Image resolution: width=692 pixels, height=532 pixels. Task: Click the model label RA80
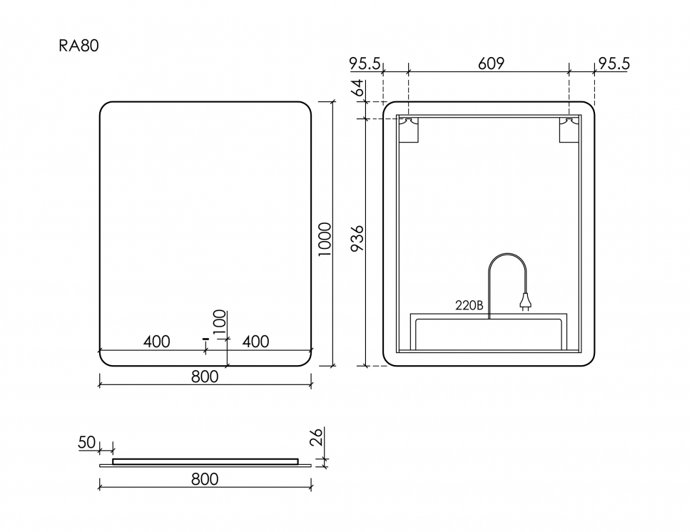[x=78, y=46]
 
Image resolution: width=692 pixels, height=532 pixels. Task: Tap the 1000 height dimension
[x=325, y=239]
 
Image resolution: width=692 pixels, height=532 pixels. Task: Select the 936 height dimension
[x=357, y=238]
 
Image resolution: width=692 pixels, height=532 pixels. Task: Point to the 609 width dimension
[x=491, y=63]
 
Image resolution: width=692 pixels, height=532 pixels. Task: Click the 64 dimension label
[x=358, y=87]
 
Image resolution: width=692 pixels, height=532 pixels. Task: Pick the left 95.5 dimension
[x=365, y=63]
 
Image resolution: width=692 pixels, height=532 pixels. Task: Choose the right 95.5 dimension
[x=614, y=63]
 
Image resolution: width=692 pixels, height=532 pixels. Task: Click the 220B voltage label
[x=469, y=305]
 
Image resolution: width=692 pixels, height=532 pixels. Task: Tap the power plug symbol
[x=525, y=302]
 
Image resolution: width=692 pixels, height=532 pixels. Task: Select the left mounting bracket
[x=409, y=129]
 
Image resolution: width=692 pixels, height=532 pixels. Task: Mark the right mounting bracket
[x=569, y=129]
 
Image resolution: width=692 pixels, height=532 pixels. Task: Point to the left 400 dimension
[x=157, y=342]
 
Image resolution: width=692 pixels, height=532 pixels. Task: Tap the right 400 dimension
[x=255, y=342]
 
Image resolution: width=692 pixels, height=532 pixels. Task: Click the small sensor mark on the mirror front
[x=205, y=339]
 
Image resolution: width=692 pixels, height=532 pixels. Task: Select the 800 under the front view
[x=205, y=377]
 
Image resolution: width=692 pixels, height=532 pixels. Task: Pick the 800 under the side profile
[x=205, y=479]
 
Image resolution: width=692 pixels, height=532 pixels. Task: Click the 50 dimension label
[x=87, y=442]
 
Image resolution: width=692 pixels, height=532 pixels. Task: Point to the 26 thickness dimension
[x=317, y=436]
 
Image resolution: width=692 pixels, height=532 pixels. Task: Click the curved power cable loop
[x=507, y=255]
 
